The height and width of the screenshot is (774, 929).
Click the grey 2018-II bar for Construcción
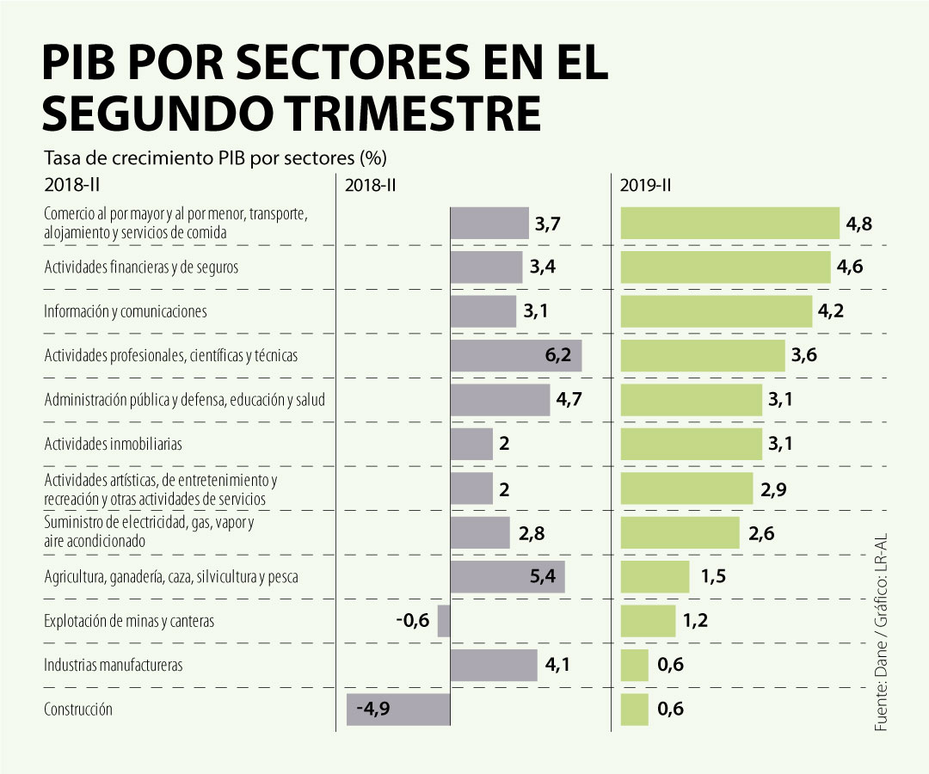398,709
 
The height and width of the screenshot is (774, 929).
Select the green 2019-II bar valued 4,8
729,223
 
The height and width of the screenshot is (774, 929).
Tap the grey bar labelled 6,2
515,355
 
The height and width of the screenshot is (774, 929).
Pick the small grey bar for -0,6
444,621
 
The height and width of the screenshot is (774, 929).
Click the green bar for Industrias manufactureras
634,665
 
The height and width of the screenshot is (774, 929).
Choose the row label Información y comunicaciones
126,311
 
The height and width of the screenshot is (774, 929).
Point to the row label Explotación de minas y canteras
129,621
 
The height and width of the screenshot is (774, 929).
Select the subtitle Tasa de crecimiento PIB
215,159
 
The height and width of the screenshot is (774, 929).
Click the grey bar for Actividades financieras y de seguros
486,267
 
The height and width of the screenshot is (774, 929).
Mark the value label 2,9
773,489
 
